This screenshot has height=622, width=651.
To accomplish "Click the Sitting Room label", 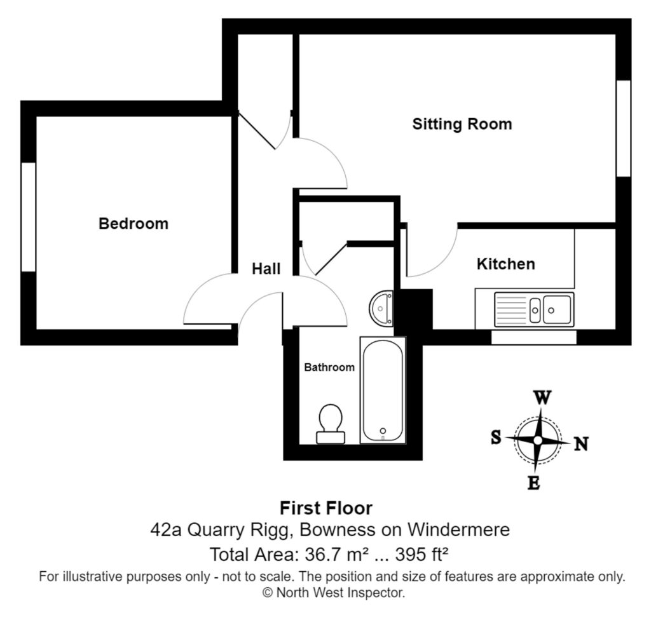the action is click(x=462, y=124).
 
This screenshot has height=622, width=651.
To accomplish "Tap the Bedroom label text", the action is click(x=134, y=224).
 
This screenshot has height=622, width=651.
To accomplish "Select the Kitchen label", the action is click(x=505, y=264).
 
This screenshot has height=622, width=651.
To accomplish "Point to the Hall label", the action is click(x=266, y=269).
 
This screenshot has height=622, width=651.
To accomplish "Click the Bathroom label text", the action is click(x=329, y=367).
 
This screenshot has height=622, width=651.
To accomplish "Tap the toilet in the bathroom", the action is click(x=331, y=424).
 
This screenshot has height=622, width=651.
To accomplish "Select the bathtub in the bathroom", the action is click(x=383, y=390).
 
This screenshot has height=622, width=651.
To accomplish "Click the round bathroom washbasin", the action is click(x=381, y=308).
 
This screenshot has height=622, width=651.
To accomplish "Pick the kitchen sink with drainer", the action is click(x=534, y=309).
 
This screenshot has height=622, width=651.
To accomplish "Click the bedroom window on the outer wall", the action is click(x=28, y=217).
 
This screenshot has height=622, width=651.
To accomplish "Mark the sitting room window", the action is click(x=624, y=128).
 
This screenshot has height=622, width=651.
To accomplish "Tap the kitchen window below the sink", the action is click(x=534, y=337).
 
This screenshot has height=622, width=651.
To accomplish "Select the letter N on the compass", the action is click(x=581, y=444).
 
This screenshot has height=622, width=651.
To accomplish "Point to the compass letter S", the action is click(x=496, y=437).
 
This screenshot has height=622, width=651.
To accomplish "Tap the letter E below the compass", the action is click(x=533, y=483).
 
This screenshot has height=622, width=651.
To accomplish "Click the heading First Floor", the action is click(x=326, y=508).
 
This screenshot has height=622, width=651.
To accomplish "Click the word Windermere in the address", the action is click(x=458, y=530).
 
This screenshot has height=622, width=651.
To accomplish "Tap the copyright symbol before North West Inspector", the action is click(x=268, y=593).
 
